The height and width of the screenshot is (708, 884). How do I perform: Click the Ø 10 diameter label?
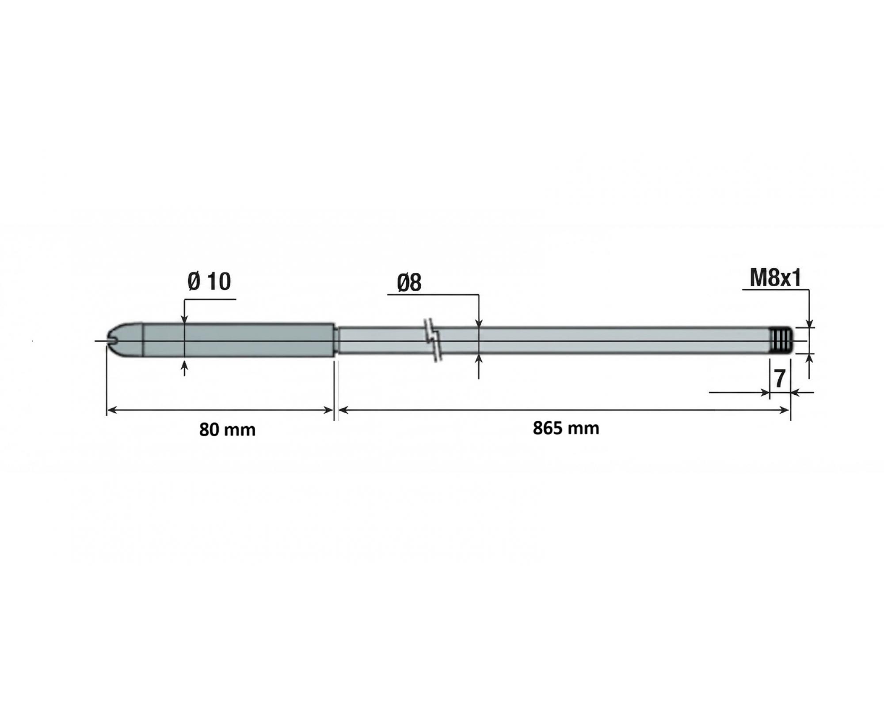coord(209,281)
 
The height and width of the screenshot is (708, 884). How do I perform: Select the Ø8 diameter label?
coord(409,283)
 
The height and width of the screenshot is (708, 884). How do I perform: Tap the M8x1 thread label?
coord(775,278)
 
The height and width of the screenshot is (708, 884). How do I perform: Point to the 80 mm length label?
coord(227,430)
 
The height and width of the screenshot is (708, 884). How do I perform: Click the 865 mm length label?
coord(566,428)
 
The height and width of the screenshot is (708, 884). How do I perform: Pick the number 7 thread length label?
coord(780,379)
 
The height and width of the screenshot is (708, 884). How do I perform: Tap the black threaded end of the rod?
coord(781,340)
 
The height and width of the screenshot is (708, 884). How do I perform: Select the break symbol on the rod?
coord(432,340)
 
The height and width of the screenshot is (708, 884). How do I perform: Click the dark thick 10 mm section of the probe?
coord(239,341)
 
